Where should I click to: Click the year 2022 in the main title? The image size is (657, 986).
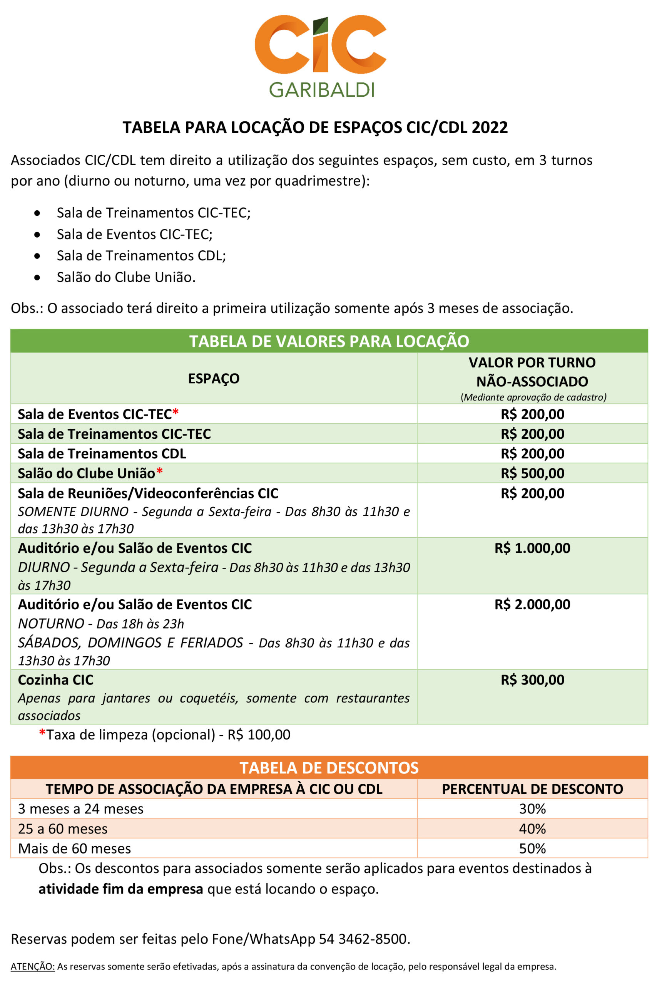pyautogui.click(x=490, y=127)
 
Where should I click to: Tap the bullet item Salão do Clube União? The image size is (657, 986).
pyautogui.click(x=126, y=277)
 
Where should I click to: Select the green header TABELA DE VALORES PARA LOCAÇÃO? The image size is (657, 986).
pyautogui.click(x=329, y=341)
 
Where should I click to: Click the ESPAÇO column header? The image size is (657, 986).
pyautogui.click(x=214, y=379)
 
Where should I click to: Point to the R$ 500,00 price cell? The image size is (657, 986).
pyautogui.click(x=532, y=473)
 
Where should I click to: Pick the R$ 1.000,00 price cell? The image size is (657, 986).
pyautogui.click(x=532, y=548)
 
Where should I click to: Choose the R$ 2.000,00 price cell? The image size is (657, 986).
pyautogui.click(x=532, y=605)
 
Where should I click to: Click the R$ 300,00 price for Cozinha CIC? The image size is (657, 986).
pyautogui.click(x=532, y=680)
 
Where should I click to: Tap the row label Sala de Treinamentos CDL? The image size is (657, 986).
pyautogui.click(x=102, y=454)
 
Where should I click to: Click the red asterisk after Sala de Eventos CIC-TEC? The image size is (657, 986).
pyautogui.click(x=176, y=413)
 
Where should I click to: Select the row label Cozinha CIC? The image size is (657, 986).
pyautogui.click(x=56, y=680)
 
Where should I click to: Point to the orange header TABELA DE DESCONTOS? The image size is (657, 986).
pyautogui.click(x=329, y=768)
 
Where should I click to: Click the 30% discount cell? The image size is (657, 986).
pyautogui.click(x=532, y=809)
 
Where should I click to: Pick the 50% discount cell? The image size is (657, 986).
pyautogui.click(x=532, y=848)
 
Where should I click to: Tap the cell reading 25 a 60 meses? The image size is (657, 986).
pyautogui.click(x=63, y=829)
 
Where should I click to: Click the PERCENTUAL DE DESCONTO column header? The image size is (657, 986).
pyautogui.click(x=532, y=789)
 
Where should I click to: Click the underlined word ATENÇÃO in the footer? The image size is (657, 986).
pyautogui.click(x=33, y=967)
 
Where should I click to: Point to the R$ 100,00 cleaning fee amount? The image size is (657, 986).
pyautogui.click(x=259, y=734)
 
